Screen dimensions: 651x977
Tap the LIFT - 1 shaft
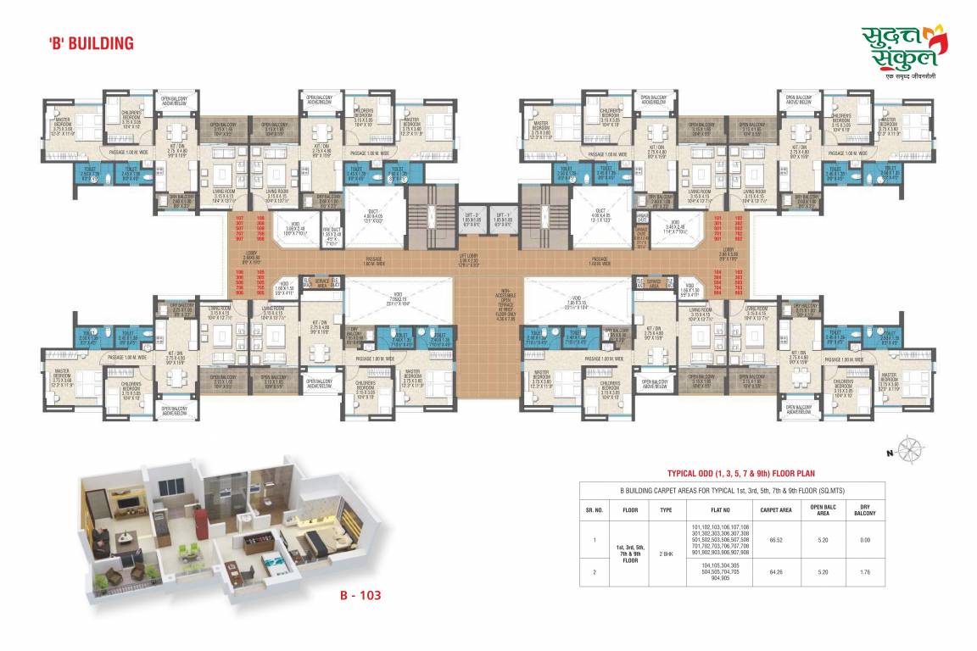pos(504,220)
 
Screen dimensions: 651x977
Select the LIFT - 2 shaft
pos(472,220)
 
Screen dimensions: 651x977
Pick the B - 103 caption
pos(355,595)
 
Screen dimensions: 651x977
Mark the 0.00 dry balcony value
pos(863,538)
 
